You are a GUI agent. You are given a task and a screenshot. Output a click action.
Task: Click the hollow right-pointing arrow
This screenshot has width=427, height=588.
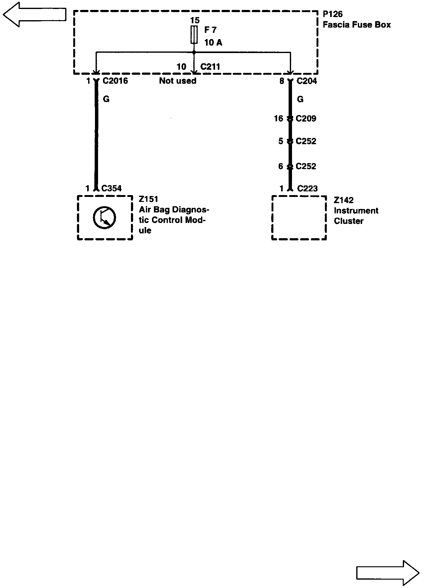(x=388, y=572)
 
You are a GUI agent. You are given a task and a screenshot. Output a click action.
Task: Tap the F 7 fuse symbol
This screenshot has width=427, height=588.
(x=194, y=35)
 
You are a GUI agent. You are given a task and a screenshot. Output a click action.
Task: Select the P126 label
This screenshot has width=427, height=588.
(x=333, y=14)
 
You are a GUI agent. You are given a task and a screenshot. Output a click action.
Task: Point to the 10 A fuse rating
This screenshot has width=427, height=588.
(x=213, y=42)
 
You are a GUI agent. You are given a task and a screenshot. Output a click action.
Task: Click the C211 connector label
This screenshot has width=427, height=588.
(x=210, y=67)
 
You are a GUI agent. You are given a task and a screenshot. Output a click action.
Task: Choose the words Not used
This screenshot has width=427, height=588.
(x=178, y=81)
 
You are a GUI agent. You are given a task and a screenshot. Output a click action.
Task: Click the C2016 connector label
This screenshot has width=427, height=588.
(x=115, y=81)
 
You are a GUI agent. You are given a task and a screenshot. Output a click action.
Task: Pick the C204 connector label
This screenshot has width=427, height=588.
(x=307, y=81)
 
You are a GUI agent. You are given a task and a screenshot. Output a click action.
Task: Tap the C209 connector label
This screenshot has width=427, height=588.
(x=306, y=118)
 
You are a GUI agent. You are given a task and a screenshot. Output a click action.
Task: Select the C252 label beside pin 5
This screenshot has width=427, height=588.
(x=306, y=141)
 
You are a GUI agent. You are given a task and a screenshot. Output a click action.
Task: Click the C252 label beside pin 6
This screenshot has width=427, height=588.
(x=306, y=166)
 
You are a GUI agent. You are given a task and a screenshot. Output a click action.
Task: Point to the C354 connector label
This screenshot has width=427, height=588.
(x=111, y=188)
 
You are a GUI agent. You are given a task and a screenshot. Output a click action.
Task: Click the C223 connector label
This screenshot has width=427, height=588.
(x=307, y=188)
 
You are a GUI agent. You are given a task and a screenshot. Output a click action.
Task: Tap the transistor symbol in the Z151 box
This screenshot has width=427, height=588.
(x=104, y=218)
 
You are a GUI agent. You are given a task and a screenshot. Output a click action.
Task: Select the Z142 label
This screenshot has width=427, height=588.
(x=344, y=200)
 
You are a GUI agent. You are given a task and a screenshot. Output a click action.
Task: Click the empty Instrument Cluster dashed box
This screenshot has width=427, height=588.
(x=299, y=218)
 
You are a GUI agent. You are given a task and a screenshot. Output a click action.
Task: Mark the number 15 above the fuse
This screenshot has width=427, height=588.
(x=195, y=20)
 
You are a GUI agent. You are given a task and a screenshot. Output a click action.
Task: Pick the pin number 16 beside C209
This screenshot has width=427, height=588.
(x=278, y=118)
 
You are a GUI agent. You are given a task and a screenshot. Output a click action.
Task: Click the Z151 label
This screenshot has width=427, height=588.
(x=148, y=199)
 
